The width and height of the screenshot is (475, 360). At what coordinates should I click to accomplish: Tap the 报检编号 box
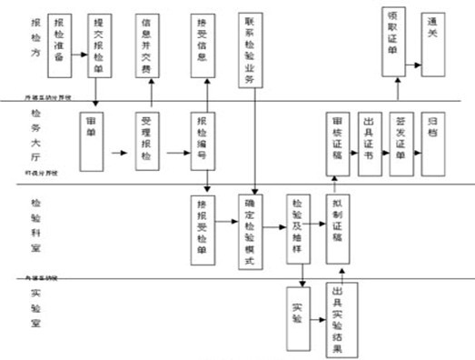point(204,141)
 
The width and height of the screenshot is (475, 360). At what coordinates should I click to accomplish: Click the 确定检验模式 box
point(253,233)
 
